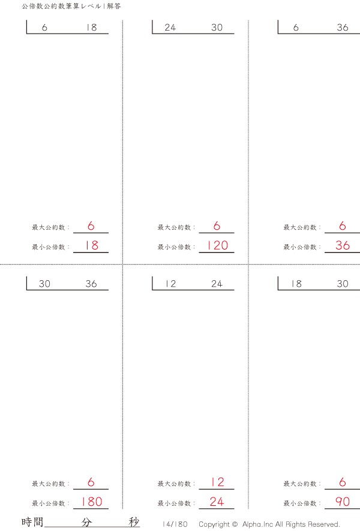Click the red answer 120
tap(217, 245)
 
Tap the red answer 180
tap(91, 502)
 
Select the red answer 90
tap(343, 502)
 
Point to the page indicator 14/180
tap(175, 524)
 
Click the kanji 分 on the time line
tap(87, 522)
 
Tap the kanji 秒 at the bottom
tap(134, 522)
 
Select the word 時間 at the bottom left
tap(32, 522)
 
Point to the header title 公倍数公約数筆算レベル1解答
tap(71, 6)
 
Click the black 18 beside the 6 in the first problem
tap(91, 28)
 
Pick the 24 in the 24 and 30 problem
tap(170, 28)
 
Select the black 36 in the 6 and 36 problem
tap(343, 28)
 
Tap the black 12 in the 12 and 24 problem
tap(170, 284)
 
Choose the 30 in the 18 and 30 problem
tap(343, 284)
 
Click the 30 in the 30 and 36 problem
tap(44, 284)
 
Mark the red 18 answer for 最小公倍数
tap(91, 245)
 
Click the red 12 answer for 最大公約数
tap(217, 482)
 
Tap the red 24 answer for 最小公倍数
tap(217, 502)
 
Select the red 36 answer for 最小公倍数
tap(343, 245)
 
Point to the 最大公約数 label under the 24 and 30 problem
tap(175, 227)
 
